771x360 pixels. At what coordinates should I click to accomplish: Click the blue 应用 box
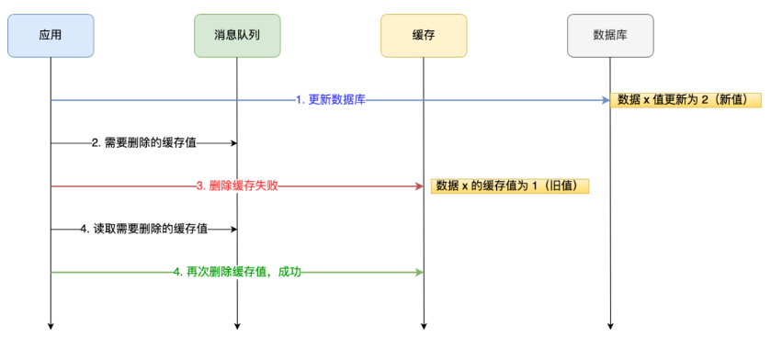(51, 35)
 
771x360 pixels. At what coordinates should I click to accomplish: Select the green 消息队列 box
(237, 35)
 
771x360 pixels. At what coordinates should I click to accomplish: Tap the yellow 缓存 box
(424, 35)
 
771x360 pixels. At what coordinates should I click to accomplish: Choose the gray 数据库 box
(610, 35)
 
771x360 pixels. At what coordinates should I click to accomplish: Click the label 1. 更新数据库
(331, 99)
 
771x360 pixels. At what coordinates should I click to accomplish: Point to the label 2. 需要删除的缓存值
(143, 143)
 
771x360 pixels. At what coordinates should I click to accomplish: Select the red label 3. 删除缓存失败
(237, 186)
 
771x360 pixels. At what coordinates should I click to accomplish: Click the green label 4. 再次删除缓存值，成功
(237, 272)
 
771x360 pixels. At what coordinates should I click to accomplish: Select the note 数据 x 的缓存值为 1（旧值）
(509, 186)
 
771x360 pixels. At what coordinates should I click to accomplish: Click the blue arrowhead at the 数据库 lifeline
(606, 99)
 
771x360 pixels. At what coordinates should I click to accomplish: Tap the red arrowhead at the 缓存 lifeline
(419, 186)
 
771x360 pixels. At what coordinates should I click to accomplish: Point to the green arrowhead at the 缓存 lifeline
(419, 272)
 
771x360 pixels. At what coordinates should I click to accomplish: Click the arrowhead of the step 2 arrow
(233, 143)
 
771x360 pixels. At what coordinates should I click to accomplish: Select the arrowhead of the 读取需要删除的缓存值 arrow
(233, 229)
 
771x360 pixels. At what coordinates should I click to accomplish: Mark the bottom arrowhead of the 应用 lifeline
(51, 324)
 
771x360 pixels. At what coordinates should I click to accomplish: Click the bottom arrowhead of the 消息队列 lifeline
(237, 324)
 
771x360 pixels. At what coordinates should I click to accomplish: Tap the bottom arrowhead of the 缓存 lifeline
(424, 324)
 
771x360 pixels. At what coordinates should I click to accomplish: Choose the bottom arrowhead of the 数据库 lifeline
(610, 324)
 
